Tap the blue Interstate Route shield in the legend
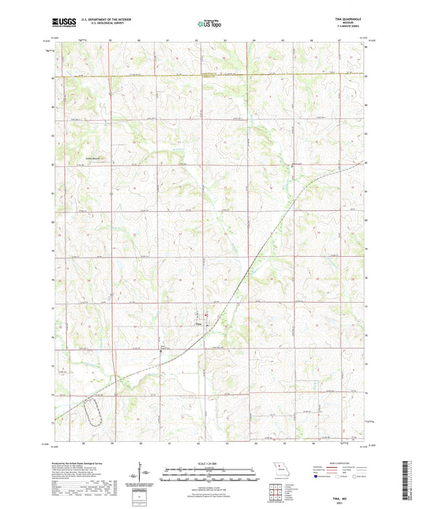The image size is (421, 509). click(x=318, y=477)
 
